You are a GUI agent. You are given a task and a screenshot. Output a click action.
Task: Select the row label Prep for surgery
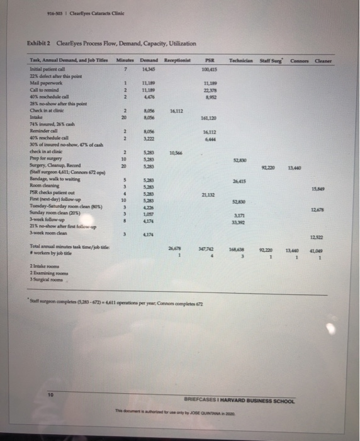43,159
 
